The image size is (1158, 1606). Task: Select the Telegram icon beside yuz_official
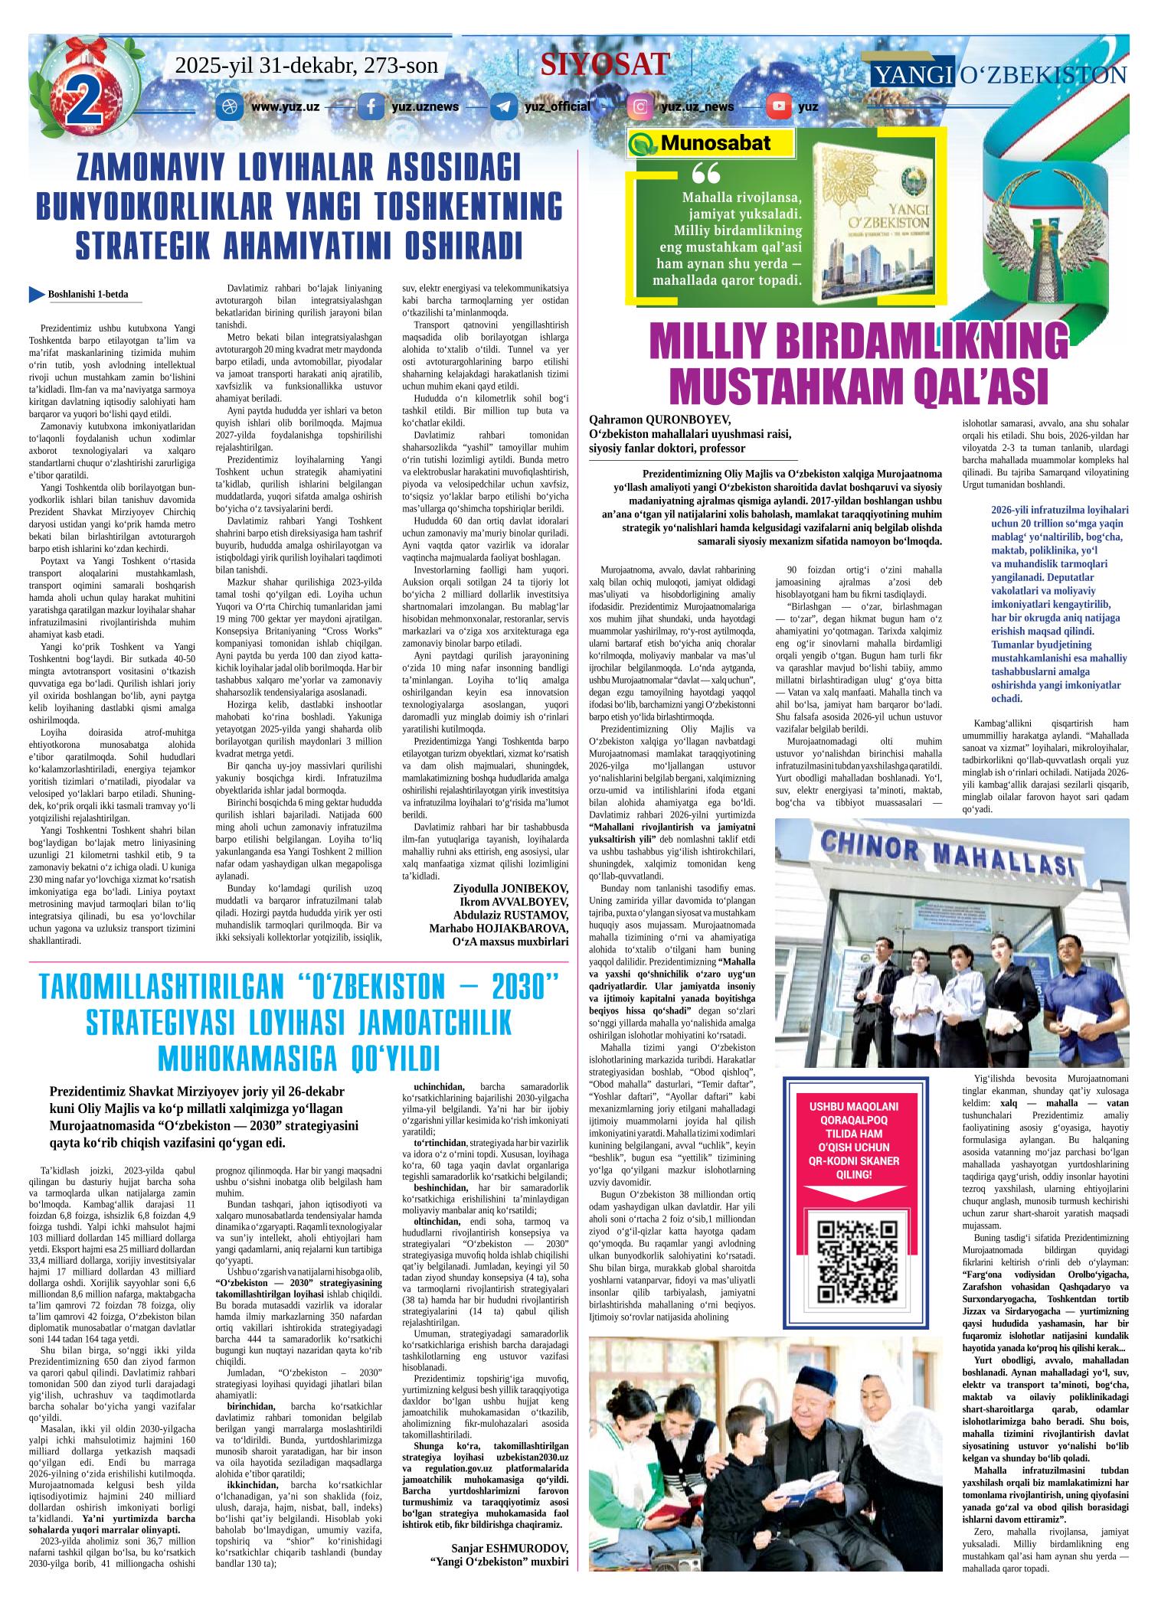coord(503,106)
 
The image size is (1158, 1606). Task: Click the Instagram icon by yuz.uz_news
coord(639,106)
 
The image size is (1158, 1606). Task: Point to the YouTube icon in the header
coord(780,106)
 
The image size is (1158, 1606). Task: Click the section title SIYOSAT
coord(605,64)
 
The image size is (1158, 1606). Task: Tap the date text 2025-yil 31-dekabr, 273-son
coord(306,66)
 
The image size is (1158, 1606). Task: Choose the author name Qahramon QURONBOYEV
coord(659,419)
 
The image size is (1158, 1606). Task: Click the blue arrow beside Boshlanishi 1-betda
coord(36,293)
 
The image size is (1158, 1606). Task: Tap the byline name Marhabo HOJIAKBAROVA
coord(499,929)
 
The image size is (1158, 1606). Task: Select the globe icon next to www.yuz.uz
coord(227,106)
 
